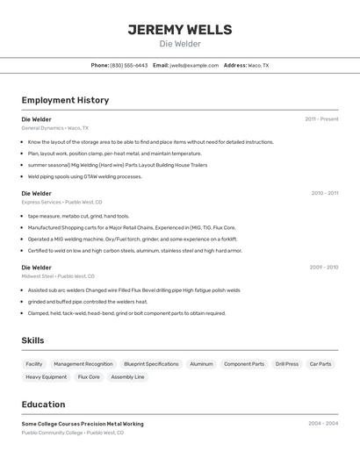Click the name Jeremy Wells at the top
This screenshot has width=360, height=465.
pyautogui.click(x=180, y=29)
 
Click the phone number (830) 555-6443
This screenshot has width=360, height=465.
pyautogui.click(x=129, y=65)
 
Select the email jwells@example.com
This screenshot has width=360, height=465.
pyautogui.click(x=194, y=65)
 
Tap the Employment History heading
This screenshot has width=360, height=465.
pyautogui.click(x=65, y=100)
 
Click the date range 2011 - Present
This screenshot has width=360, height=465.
pyautogui.click(x=321, y=118)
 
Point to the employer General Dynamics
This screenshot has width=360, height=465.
pyautogui.click(x=42, y=127)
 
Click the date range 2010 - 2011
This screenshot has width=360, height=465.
pyautogui.click(x=324, y=193)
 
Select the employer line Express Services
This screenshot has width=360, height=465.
pyautogui.click(x=41, y=202)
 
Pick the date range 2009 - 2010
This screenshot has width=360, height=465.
pyautogui.click(x=324, y=267)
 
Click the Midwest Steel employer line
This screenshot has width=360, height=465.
pyautogui.click(x=38, y=275)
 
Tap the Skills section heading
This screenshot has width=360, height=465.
pyautogui.click(x=32, y=340)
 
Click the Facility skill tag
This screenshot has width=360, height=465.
pyautogui.click(x=34, y=363)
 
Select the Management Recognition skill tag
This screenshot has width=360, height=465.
pyautogui.click(x=83, y=363)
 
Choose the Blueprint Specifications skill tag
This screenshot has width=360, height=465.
pyautogui.click(x=151, y=363)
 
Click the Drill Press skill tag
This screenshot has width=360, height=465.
pyautogui.click(x=286, y=363)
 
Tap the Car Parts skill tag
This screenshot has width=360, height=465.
pyautogui.click(x=320, y=363)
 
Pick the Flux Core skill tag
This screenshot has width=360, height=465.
pyautogui.click(x=89, y=376)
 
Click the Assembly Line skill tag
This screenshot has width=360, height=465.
pyautogui.click(x=127, y=376)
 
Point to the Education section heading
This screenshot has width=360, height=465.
pyautogui.click(x=43, y=404)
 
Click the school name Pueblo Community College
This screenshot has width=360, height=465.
pyautogui.click(x=52, y=433)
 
